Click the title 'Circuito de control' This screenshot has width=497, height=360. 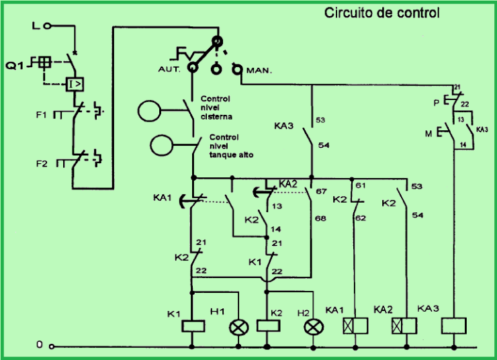(x=382, y=13)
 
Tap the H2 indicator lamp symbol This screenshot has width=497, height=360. (x=313, y=327)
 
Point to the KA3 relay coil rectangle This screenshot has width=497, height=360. (x=454, y=327)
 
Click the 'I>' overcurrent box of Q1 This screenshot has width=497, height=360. (x=75, y=84)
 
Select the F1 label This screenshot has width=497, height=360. (x=42, y=116)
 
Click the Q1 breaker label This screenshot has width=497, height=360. (x=15, y=65)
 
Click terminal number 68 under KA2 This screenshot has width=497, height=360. (x=320, y=219)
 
